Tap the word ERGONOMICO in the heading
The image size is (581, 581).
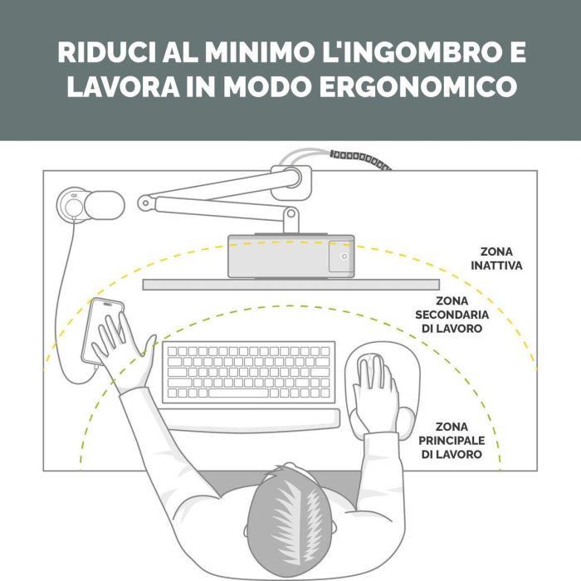[x=418, y=86]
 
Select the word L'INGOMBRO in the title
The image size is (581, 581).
[x=412, y=52]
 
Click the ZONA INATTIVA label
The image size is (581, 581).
[x=496, y=259]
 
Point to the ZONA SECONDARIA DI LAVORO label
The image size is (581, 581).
[x=452, y=315]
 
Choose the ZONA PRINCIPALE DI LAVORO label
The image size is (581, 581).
[x=452, y=441]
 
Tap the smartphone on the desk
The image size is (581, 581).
[x=103, y=332]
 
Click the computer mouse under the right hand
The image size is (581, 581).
[x=372, y=370]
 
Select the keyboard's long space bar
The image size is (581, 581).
[x=238, y=393]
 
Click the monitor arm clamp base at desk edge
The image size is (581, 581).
[x=291, y=183]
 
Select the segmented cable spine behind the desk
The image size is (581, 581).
[x=360, y=159]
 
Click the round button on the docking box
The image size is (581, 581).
[x=344, y=256]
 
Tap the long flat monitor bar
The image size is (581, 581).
[x=291, y=285]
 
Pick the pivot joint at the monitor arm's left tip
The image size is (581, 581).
[x=145, y=203]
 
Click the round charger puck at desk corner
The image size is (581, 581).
[x=73, y=205]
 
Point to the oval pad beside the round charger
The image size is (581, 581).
[x=105, y=205]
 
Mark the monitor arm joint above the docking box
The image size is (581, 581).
[x=291, y=213]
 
